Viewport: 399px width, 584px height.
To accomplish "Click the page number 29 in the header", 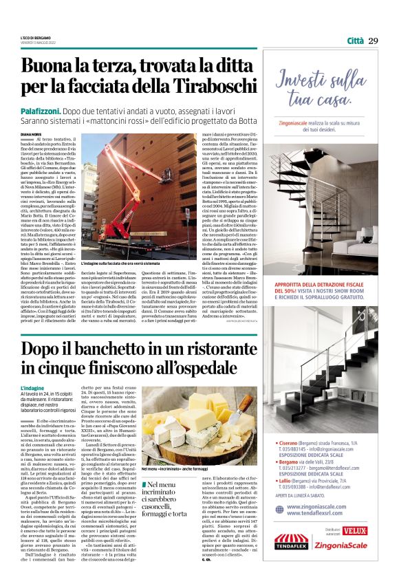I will [373, 41].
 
